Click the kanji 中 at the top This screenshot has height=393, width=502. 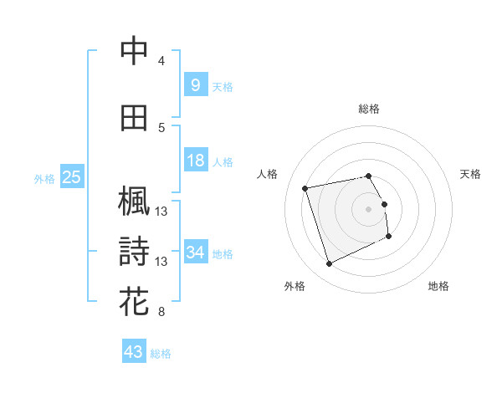pos(134,50)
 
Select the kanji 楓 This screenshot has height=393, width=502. pos(134,202)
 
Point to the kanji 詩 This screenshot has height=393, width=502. pos(134,251)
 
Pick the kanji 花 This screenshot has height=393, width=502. pos(134,299)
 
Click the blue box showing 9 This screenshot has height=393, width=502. pos(195,84)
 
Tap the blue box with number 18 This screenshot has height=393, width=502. pos(195,161)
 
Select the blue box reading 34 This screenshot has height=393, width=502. pos(195,252)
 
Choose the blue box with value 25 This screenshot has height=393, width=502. pos(71,176)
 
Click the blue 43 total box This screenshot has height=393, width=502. pos(133,352)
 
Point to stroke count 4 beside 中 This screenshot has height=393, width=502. pos(161,60)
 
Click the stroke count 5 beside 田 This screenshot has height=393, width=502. pos(161,128)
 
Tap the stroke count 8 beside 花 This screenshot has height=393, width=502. pos(161,313)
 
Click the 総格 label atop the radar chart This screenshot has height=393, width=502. pos(368,109)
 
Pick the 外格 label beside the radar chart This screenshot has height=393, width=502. pos(295,286)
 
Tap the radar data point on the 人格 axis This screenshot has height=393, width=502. pos(305,187)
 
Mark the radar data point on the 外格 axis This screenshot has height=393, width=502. pos(329,264)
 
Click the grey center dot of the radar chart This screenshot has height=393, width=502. pos(368,208)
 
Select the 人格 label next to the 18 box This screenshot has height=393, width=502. pos(223,161)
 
